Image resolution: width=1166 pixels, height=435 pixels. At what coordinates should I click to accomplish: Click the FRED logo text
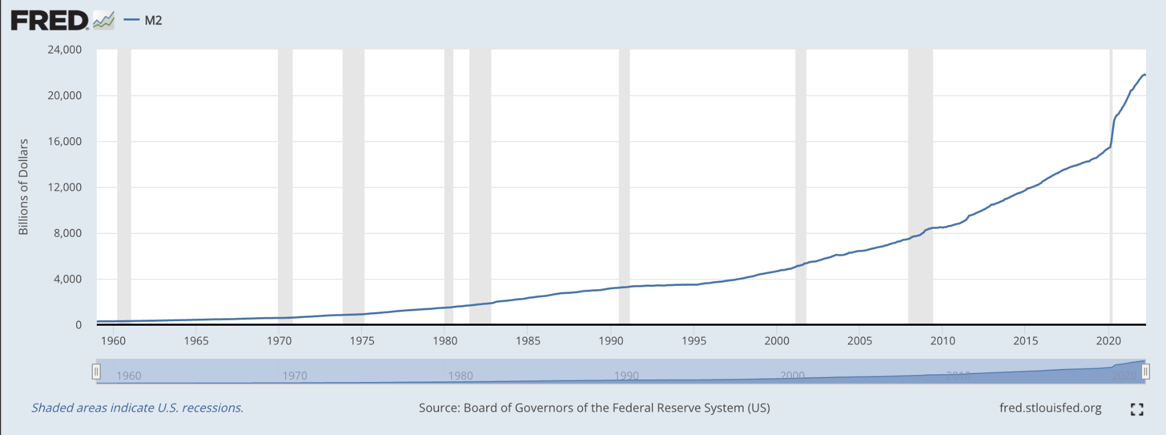pyautogui.click(x=50, y=21)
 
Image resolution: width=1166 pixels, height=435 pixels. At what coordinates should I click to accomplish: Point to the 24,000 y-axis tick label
pyautogui.click(x=64, y=50)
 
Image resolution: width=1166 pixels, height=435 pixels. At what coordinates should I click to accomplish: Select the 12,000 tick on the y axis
pyautogui.click(x=64, y=187)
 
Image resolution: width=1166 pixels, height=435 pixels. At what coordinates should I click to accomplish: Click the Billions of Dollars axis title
pyautogui.click(x=23, y=187)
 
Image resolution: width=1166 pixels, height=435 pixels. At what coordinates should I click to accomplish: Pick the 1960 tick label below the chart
pyautogui.click(x=113, y=341)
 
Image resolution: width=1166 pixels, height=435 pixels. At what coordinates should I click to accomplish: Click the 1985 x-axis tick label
pyautogui.click(x=528, y=341)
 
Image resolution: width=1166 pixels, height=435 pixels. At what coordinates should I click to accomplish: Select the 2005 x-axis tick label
pyautogui.click(x=860, y=341)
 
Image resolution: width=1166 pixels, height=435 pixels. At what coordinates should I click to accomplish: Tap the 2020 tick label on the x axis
pyautogui.click(x=1108, y=341)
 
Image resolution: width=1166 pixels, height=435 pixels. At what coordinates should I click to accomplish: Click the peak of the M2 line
pyautogui.click(x=1144, y=75)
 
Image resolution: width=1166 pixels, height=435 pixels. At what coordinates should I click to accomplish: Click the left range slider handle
pyautogui.click(x=96, y=372)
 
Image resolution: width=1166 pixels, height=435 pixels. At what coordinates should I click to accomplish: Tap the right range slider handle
pyautogui.click(x=1146, y=372)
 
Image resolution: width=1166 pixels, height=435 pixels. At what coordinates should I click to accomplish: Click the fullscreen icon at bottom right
pyautogui.click(x=1136, y=409)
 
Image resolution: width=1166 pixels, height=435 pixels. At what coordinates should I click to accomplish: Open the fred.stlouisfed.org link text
pyautogui.click(x=1050, y=408)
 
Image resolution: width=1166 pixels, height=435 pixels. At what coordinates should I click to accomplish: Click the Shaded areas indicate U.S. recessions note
pyautogui.click(x=137, y=408)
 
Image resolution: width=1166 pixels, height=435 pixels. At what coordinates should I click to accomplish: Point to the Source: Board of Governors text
pyautogui.click(x=594, y=408)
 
